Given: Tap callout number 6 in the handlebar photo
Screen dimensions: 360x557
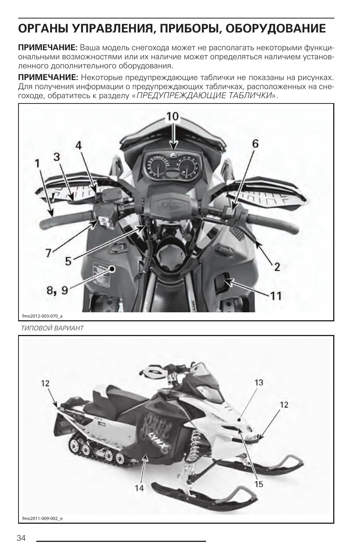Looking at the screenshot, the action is (255, 143).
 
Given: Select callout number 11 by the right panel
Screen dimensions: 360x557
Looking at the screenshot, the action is (276, 295).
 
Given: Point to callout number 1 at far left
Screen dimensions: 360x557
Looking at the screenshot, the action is (37, 163).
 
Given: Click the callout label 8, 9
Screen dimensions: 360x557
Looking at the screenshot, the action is (57, 290).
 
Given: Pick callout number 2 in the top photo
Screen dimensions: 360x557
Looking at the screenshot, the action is (277, 267).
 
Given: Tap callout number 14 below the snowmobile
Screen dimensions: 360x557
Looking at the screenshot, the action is (139, 488).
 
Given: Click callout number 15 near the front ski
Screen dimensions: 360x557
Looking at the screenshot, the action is (258, 484).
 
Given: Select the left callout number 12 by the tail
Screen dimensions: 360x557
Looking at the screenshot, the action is (45, 384).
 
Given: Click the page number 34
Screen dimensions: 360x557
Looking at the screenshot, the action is (21, 538).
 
